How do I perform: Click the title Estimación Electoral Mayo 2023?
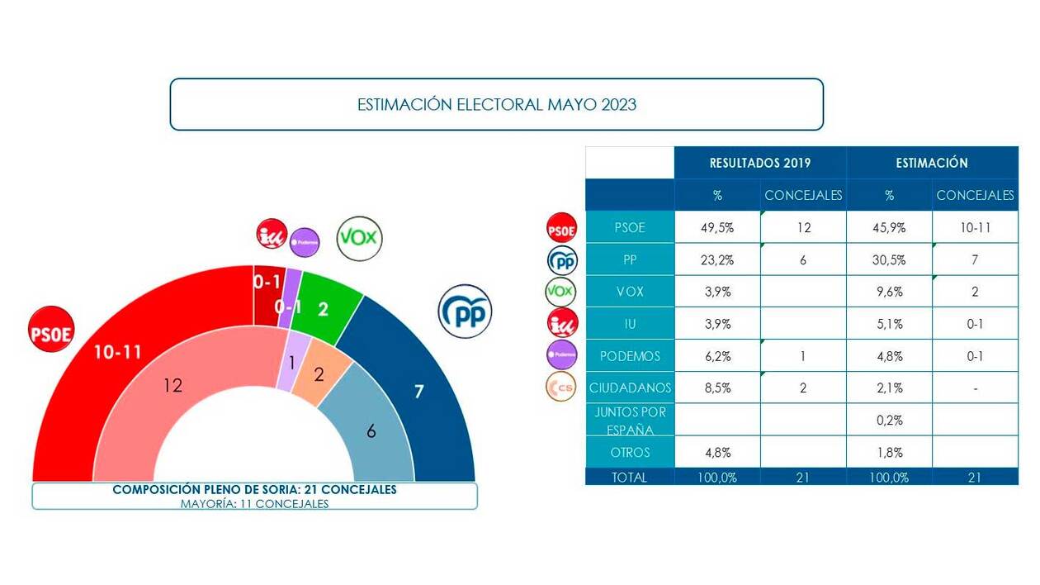point(496,105)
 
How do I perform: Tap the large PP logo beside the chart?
point(465,312)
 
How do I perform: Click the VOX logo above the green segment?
point(359,239)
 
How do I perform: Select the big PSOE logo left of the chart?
point(51,331)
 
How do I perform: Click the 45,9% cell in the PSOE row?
point(889,227)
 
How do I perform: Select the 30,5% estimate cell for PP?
point(889,259)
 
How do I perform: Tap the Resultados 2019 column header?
point(760,163)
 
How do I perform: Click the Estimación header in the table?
point(932,163)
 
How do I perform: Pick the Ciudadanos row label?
point(631,388)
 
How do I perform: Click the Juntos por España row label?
point(631,420)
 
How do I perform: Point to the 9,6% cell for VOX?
point(889,292)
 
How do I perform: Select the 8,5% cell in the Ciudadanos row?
point(717,388)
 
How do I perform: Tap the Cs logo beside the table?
point(561,388)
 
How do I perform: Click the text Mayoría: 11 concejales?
point(254,503)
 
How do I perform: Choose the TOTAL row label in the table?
point(630,477)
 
